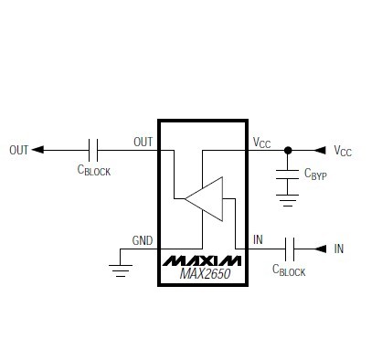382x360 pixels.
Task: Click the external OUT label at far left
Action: (x=19, y=150)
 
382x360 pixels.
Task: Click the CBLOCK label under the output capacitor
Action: (x=93, y=171)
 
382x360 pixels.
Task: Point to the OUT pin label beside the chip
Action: (x=143, y=142)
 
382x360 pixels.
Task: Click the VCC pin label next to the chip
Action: (x=262, y=142)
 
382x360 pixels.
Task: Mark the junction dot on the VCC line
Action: (x=289, y=150)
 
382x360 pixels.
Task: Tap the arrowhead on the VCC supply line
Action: (x=319, y=150)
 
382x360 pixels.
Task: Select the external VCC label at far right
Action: (x=343, y=151)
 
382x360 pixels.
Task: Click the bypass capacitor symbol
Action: (x=289, y=173)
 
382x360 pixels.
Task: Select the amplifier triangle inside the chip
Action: (x=205, y=198)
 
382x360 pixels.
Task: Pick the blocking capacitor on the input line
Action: (x=290, y=248)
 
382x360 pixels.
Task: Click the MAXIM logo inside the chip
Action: (x=202, y=260)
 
